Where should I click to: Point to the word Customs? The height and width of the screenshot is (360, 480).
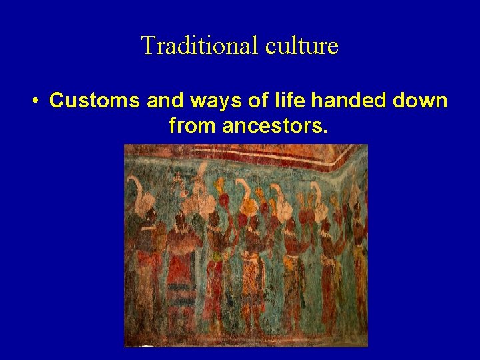pyautogui.click(x=95, y=101)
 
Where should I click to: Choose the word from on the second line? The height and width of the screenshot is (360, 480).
pyautogui.click(x=193, y=125)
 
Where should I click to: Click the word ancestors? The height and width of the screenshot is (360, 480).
pyautogui.click(x=275, y=125)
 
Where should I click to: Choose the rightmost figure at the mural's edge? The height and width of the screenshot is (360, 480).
pyautogui.click(x=359, y=260)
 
